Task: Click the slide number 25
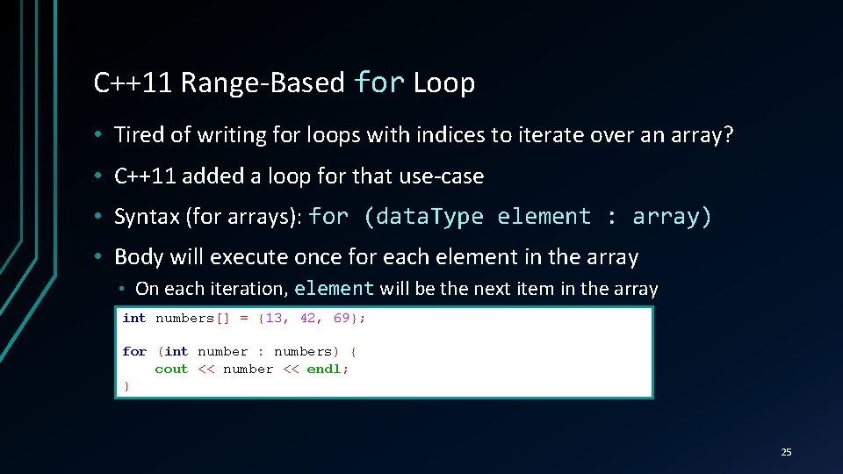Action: click(x=786, y=452)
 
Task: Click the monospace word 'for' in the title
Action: click(x=378, y=83)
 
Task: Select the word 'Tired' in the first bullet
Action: click(x=138, y=135)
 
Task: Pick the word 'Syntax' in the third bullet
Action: click(x=147, y=217)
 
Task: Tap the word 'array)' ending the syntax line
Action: click(x=672, y=217)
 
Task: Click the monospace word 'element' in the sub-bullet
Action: click(x=335, y=289)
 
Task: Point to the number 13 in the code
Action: click(x=273, y=318)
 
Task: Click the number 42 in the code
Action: click(x=307, y=318)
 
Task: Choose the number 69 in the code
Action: click(x=342, y=318)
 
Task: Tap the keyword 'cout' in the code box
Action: click(x=171, y=369)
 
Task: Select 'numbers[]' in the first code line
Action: click(x=192, y=318)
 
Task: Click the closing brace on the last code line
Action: click(x=126, y=385)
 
